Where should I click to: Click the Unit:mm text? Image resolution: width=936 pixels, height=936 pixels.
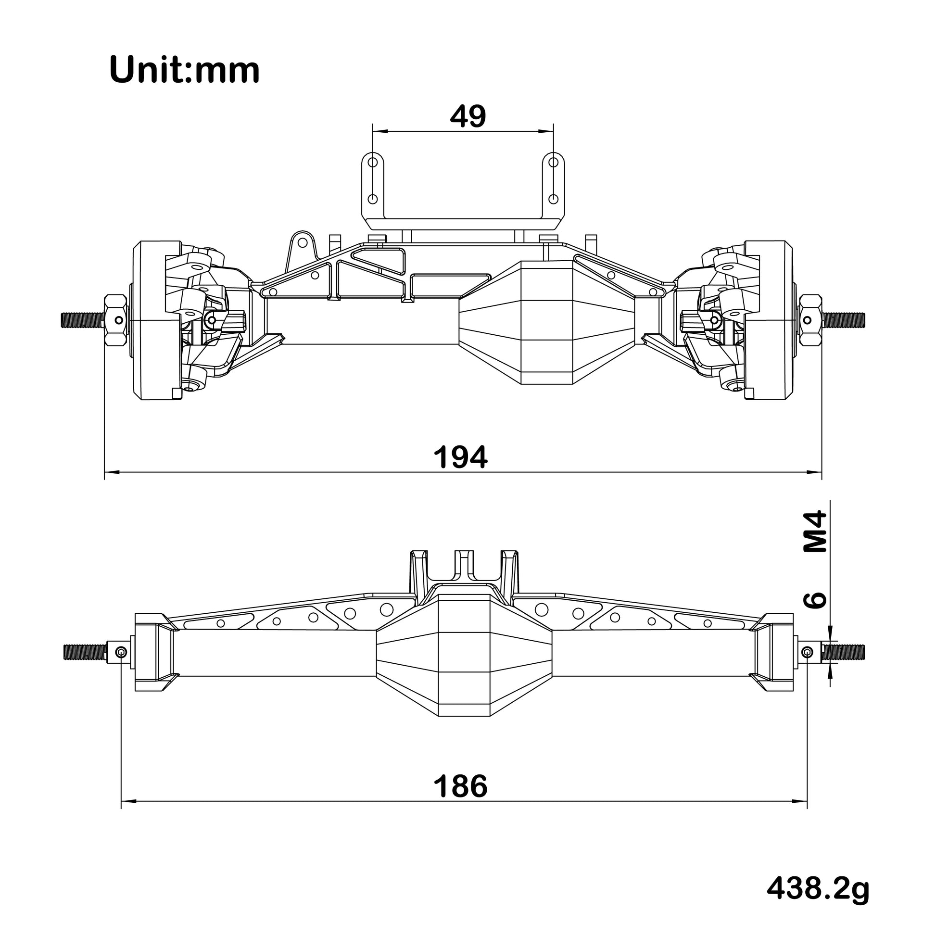[185, 71]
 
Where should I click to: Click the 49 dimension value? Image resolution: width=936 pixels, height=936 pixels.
[468, 117]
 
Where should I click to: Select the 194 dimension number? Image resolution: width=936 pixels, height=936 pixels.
[460, 458]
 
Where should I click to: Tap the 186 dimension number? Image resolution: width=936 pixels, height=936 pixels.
[460, 786]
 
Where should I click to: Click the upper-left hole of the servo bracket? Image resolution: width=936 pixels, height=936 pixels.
[373, 162]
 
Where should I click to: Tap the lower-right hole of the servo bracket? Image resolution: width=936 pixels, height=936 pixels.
[554, 199]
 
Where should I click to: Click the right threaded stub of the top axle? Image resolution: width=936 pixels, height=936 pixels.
[844, 319]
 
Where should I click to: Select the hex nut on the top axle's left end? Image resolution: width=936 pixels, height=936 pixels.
[115, 319]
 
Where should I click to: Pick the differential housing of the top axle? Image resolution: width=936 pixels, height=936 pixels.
[546, 322]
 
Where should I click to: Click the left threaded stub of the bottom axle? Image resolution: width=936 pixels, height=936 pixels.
[85, 652]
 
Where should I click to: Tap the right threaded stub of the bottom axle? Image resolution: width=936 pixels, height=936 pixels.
[843, 652]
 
